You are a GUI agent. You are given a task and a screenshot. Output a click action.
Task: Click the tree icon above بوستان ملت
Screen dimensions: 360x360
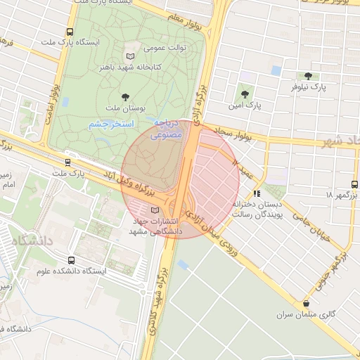point(126,97)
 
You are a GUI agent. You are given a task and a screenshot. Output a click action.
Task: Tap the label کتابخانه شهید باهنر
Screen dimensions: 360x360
point(153,67)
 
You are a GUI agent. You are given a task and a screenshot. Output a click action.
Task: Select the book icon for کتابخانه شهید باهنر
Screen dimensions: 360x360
point(129,56)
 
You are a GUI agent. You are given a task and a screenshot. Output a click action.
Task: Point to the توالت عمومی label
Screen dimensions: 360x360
point(164,49)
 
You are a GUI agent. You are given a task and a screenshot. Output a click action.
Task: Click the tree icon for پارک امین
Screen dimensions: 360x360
point(245,94)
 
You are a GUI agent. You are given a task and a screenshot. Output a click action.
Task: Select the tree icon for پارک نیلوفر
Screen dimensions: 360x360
point(307,76)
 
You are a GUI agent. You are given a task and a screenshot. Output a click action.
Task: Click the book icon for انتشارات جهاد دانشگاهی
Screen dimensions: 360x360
point(155,210)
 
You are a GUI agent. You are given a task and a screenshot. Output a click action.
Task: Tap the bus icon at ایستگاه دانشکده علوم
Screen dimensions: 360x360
point(71,260)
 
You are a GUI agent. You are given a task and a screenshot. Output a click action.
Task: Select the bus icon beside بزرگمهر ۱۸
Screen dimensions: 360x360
point(354,181)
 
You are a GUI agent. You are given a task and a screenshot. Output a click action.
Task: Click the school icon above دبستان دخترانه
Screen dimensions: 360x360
point(257,193)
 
